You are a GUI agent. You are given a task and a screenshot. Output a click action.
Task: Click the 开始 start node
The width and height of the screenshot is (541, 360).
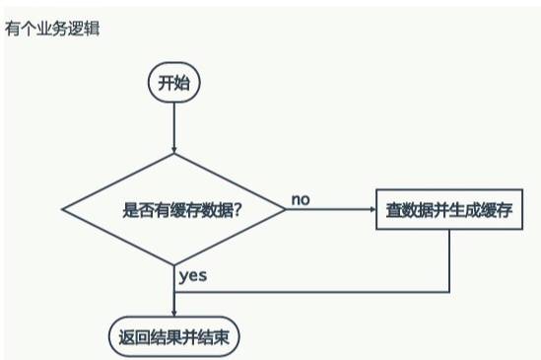(173, 83)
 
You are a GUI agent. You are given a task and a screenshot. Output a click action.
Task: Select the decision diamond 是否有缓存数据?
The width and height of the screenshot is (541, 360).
(173, 209)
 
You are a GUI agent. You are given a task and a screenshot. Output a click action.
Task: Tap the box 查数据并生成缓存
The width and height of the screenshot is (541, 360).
(448, 209)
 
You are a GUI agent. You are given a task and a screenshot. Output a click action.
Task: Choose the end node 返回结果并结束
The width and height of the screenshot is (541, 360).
(173, 336)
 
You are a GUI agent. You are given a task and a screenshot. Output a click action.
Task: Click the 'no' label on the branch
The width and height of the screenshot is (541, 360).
(301, 199)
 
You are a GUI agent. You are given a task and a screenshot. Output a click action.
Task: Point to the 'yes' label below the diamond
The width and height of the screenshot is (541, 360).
(193, 276)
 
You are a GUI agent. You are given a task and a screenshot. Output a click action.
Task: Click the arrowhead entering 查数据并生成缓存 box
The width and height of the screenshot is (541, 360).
(370, 209)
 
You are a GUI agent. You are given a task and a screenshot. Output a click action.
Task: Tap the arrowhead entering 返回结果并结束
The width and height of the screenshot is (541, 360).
(173, 313)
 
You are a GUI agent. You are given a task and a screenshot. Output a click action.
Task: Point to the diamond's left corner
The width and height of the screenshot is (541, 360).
(63, 209)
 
